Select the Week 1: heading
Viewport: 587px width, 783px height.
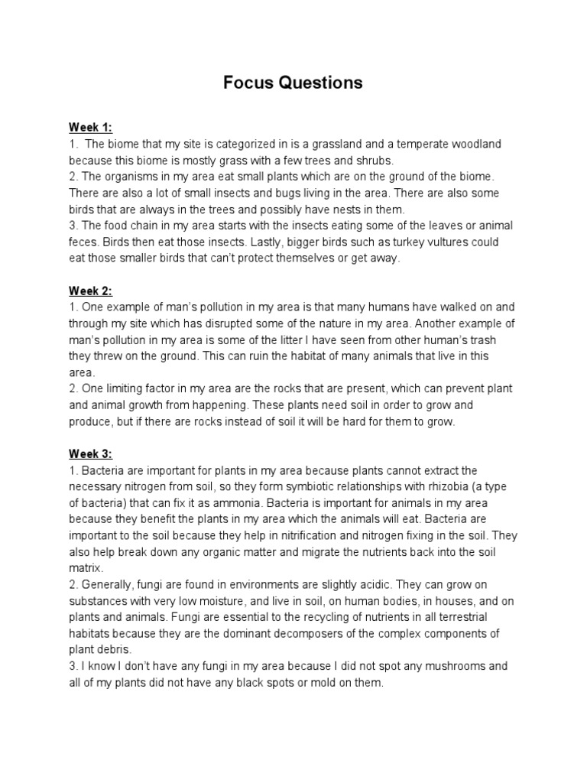pos(90,127)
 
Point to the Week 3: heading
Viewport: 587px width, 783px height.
pos(90,454)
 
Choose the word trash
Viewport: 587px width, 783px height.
pos(484,340)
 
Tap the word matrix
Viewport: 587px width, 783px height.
pos(84,569)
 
